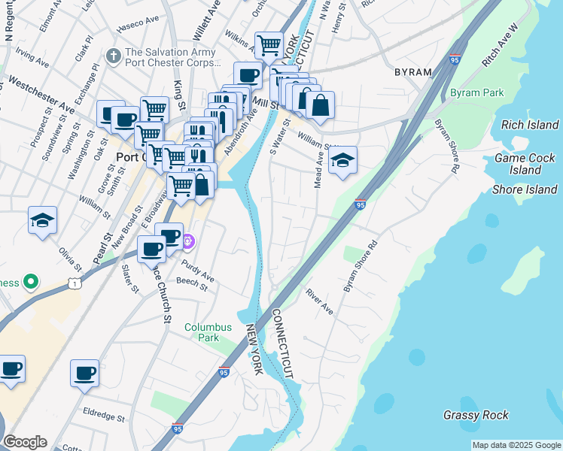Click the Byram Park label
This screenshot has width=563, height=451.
476,93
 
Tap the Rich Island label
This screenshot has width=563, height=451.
529,125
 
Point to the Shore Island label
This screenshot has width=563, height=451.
524,189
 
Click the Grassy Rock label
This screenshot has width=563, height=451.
476,415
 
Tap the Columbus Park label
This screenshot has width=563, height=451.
207,332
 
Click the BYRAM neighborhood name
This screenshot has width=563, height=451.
413,72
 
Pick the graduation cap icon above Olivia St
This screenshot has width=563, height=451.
43,221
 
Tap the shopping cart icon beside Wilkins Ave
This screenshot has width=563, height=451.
269,46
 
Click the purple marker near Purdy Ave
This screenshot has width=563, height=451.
188,241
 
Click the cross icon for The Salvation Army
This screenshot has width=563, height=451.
114,56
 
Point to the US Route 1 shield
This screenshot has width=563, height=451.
74,282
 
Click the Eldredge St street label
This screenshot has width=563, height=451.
104,414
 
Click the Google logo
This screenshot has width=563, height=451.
25,442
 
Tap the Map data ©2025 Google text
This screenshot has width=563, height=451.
516,445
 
